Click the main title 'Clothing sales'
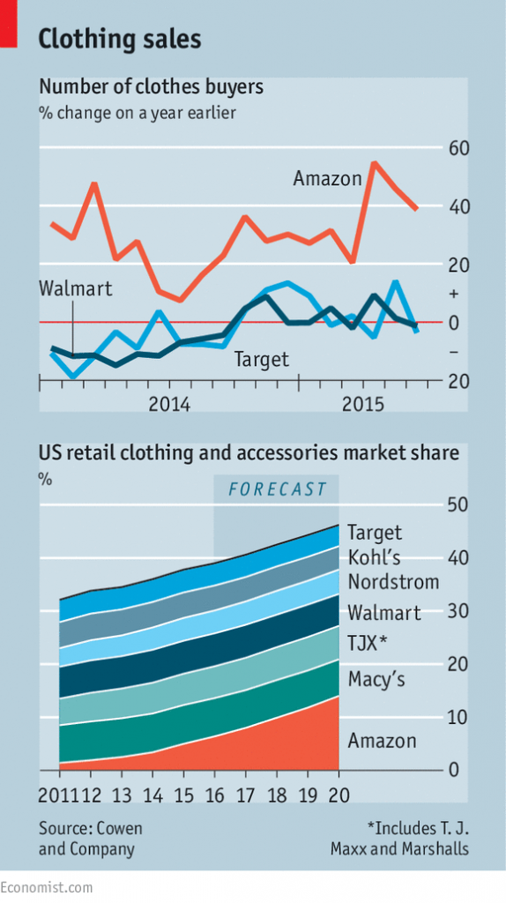pos(120,39)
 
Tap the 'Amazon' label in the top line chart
pos(327,179)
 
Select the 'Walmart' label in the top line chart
pos(76,288)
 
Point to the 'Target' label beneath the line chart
pos(261,359)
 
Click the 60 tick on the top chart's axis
pos(458,147)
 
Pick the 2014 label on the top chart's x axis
pos(169,405)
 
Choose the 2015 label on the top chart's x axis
pos(361,405)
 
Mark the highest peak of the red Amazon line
pos(374,163)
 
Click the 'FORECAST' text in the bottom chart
pos(277,489)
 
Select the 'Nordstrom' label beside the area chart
pos(393,582)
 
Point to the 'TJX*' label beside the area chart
pos(368,643)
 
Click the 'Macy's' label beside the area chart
pos(376,679)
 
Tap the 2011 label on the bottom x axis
pos(58,795)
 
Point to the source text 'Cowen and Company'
pos(90,839)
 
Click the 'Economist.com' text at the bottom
pos(46,886)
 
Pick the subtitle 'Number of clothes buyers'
pos(151,87)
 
